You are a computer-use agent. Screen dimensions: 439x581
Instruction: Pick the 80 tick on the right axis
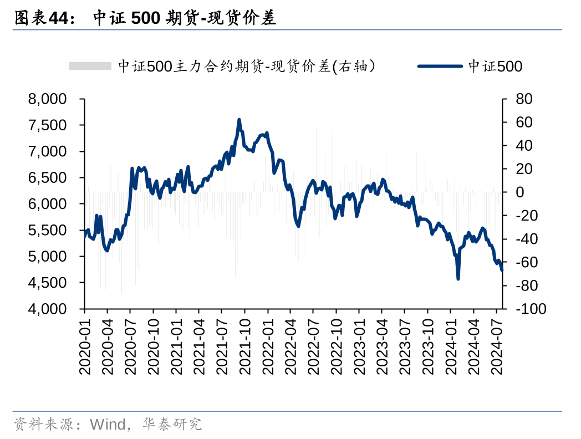point(524,100)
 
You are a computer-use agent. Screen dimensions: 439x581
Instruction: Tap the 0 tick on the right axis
point(520,192)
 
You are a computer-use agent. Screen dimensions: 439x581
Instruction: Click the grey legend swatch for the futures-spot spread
point(90,67)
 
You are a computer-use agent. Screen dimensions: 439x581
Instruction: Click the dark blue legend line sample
point(440,67)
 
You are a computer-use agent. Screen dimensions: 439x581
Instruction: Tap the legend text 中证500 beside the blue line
point(495,67)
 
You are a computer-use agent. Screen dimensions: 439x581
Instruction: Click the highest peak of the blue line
point(239,119)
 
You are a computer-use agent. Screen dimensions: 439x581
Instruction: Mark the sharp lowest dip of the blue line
point(458,278)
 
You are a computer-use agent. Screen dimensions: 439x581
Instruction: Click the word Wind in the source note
point(108,425)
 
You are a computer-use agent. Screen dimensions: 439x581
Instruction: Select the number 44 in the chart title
point(58,19)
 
